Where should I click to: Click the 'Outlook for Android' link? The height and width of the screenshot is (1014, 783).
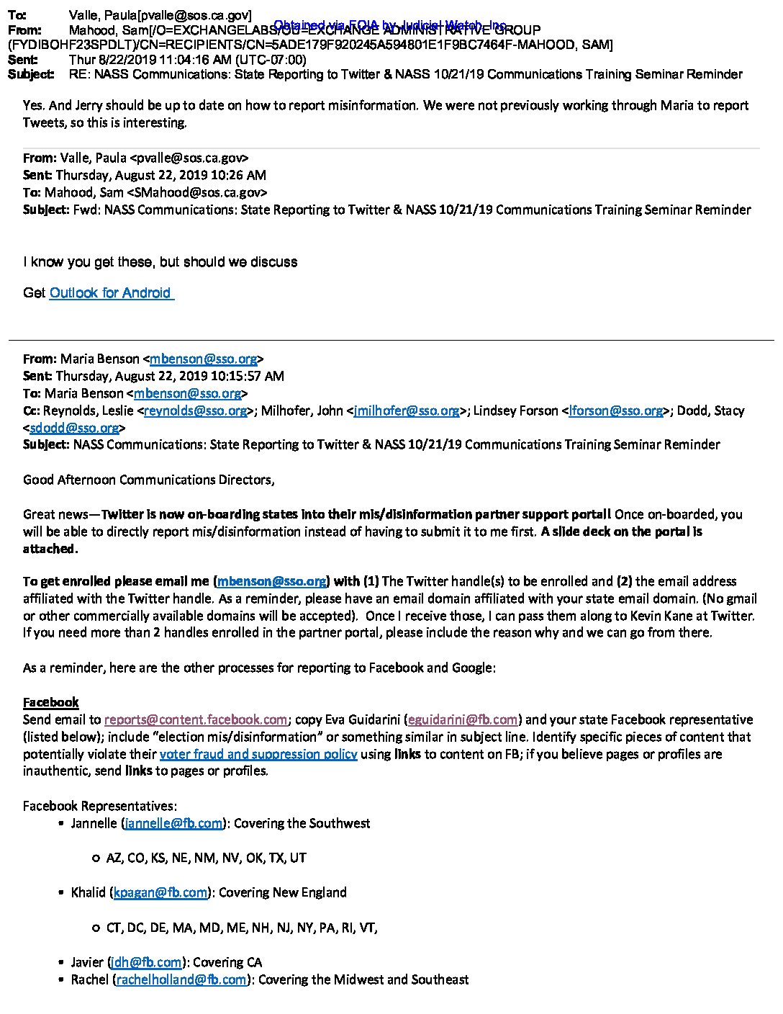tap(111, 292)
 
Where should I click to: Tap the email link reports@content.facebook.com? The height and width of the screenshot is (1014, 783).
tap(196, 719)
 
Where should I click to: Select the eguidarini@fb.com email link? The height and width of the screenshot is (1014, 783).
tap(463, 719)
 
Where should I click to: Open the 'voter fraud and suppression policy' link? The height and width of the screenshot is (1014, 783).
tap(258, 754)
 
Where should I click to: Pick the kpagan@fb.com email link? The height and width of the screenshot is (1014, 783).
tap(160, 892)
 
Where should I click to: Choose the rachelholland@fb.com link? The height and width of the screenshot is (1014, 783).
tap(181, 979)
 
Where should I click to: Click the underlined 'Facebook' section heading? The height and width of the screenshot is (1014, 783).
tap(50, 702)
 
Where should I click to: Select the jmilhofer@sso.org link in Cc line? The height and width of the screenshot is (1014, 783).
tap(407, 410)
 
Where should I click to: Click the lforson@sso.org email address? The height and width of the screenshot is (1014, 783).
tap(615, 410)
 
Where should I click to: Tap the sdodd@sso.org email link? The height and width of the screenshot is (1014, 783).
tap(74, 428)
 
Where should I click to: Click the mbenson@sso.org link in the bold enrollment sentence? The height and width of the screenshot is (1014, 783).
tap(271, 581)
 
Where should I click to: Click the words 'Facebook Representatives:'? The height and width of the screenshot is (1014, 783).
tap(100, 806)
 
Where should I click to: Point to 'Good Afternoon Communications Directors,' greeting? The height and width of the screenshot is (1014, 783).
tap(149, 480)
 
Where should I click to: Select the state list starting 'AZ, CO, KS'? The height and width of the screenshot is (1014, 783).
tap(206, 858)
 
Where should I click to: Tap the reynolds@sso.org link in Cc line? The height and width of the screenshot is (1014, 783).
tap(196, 410)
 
